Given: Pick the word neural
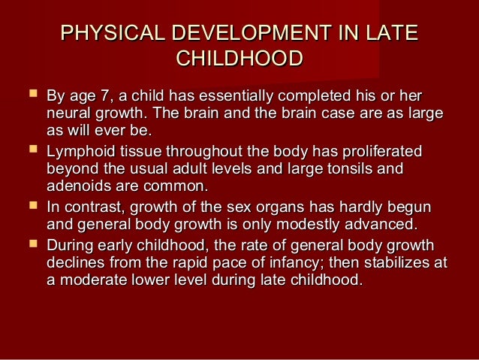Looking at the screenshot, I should [68, 114].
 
